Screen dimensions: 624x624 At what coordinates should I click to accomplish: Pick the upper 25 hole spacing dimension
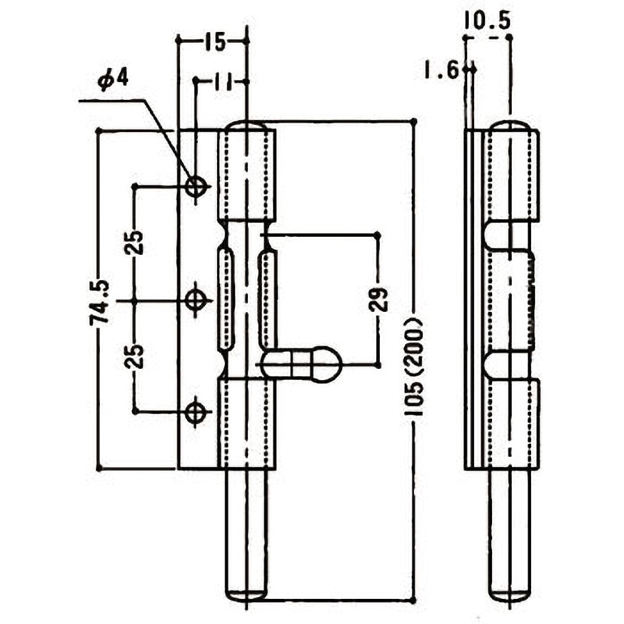(135, 243)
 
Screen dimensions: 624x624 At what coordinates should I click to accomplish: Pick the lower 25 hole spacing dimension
(135, 356)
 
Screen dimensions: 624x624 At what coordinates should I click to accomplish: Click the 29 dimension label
(378, 298)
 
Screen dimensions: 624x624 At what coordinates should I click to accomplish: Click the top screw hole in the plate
(196, 186)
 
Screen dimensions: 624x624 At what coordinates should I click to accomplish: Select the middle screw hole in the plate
(196, 300)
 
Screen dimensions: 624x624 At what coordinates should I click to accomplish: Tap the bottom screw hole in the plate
(196, 412)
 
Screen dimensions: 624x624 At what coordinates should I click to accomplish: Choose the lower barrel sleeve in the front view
(246, 423)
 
